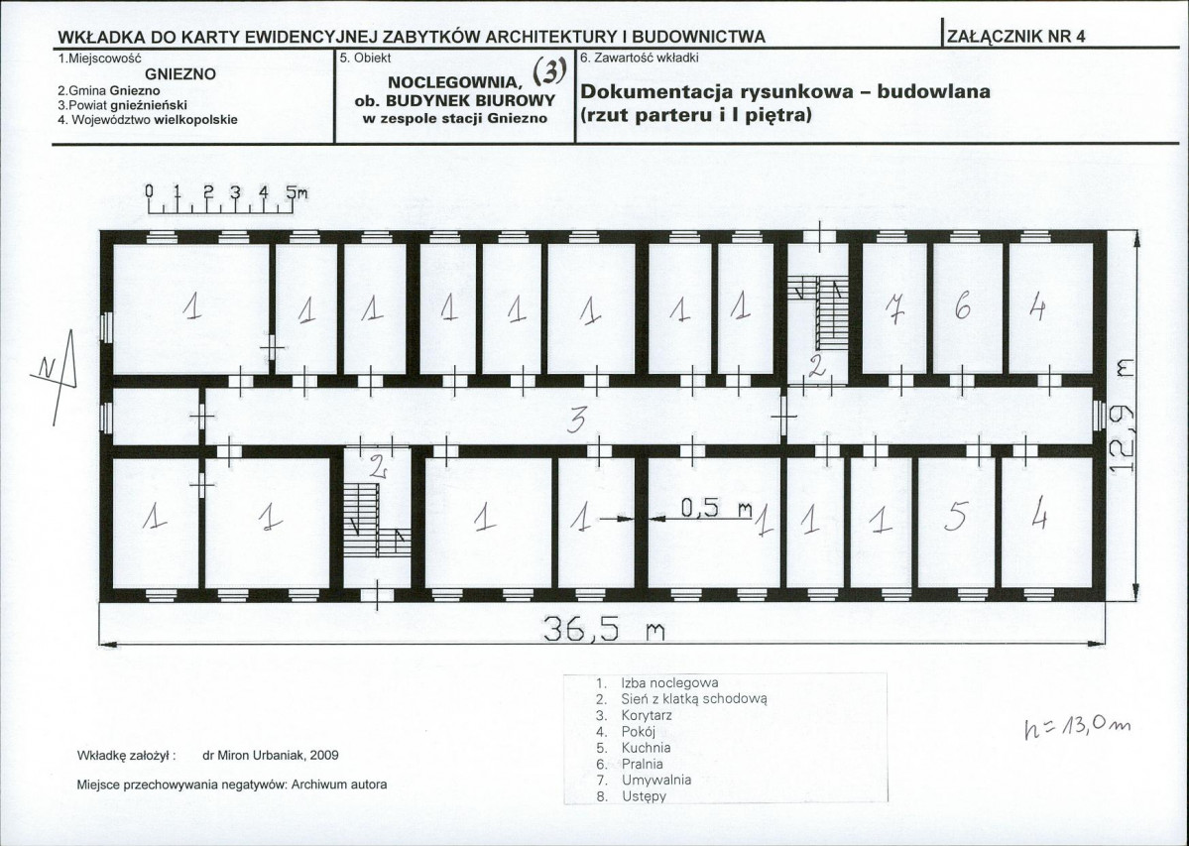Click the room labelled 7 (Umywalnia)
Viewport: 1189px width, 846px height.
tap(894, 307)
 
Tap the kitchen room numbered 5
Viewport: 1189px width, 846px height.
tap(956, 522)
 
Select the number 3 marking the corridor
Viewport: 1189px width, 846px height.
tap(578, 420)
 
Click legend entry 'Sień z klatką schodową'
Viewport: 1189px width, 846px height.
tap(694, 699)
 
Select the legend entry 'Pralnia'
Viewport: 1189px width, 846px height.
tap(642, 764)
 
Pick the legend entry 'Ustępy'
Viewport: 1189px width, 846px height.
tap(644, 796)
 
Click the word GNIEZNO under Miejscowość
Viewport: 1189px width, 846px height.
tap(180, 74)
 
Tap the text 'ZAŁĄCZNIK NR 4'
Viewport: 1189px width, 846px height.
tap(1016, 37)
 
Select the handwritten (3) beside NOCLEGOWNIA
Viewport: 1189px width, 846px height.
tap(549, 71)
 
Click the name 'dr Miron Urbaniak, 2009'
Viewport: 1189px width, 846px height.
tap(271, 755)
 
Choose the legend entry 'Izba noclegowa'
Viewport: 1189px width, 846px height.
tap(668, 683)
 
